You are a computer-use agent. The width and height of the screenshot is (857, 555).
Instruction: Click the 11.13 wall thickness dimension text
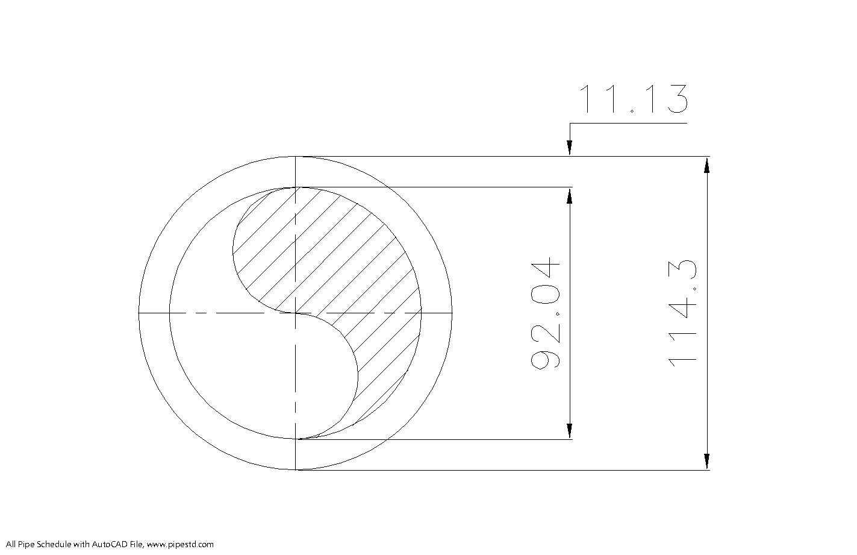tap(632, 99)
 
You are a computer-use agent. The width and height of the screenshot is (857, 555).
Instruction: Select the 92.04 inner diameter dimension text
tap(546, 313)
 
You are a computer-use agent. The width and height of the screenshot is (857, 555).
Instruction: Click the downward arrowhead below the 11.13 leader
tap(570, 148)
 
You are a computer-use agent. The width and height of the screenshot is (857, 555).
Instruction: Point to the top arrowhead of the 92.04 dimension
tap(570, 195)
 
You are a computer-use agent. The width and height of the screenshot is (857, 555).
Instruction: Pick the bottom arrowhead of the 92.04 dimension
tap(570, 431)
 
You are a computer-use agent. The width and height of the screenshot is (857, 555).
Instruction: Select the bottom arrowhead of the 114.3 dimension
tap(706, 461)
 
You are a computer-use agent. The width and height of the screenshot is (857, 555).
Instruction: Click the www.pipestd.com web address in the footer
tap(180, 545)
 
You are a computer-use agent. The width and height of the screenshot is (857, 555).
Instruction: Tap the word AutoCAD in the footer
tap(106, 545)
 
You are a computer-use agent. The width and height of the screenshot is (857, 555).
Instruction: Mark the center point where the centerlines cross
tap(296, 313)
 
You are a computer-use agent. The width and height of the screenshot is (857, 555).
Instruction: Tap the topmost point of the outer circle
tap(296, 157)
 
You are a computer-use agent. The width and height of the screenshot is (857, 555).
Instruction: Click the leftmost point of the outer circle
tap(139, 313)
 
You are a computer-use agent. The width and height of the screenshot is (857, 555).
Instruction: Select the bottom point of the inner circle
tap(296, 439)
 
